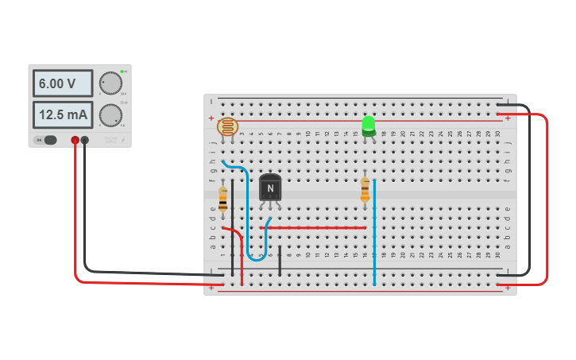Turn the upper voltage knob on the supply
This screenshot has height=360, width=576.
click(x=111, y=83)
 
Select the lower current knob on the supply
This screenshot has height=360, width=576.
click(x=110, y=115)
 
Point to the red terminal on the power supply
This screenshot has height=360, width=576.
click(x=75, y=141)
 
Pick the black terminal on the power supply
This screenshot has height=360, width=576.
click(x=85, y=141)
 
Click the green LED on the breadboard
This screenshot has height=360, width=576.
click(x=368, y=125)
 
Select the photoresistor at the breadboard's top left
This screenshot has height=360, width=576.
click(x=228, y=126)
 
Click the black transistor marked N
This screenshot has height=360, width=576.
click(x=270, y=188)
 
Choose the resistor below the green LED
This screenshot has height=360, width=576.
click(x=365, y=188)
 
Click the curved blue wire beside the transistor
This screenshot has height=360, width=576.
click(x=249, y=215)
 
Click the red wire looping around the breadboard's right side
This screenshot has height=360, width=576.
click(x=547, y=199)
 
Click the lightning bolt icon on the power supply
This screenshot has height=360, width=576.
click(x=123, y=140)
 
